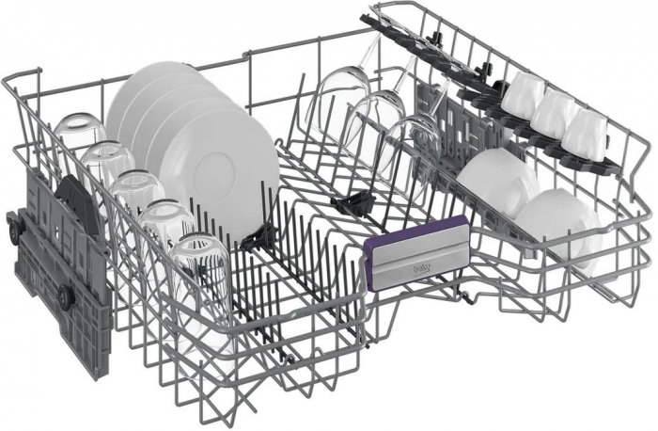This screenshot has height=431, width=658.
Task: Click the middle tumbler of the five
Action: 137,193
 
